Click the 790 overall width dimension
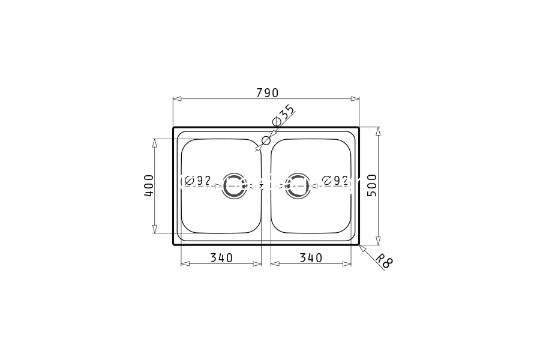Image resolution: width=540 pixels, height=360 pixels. coord(267,92)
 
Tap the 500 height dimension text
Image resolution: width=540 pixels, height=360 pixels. coord(372,185)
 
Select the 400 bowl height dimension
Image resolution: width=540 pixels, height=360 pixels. coord(149,185)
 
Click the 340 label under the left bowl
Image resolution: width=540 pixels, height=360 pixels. coord(221,257)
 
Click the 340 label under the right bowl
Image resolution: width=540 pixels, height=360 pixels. coord(311,257)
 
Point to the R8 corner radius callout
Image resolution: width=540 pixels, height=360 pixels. coord(384,261)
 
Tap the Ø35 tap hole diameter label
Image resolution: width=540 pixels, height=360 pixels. coord(283,116)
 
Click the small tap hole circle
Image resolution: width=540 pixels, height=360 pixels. coord(266,140)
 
